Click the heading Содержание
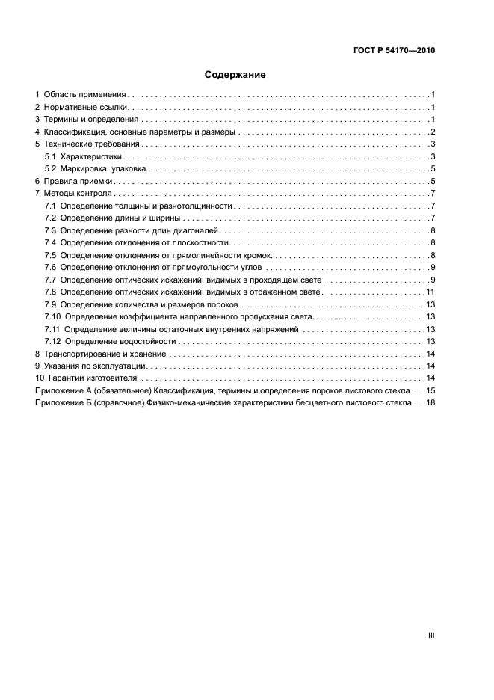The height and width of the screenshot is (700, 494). pos(235,75)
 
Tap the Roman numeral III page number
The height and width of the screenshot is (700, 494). pos(430,635)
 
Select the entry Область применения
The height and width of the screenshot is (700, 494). pos(84,95)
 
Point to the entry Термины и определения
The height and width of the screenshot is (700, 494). pos(90,120)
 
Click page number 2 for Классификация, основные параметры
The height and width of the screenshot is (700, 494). pos(433,132)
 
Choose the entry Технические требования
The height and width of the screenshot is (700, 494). pos(93,144)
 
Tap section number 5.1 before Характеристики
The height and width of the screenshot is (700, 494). pos(51,157)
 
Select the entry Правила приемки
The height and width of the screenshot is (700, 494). pos(78,182)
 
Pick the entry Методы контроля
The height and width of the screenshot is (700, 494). pos(78,194)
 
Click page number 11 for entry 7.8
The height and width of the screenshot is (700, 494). pos(430,292)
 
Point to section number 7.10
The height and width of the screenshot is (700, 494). pos(52,316)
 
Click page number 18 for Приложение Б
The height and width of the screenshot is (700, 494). pos(430,402)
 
